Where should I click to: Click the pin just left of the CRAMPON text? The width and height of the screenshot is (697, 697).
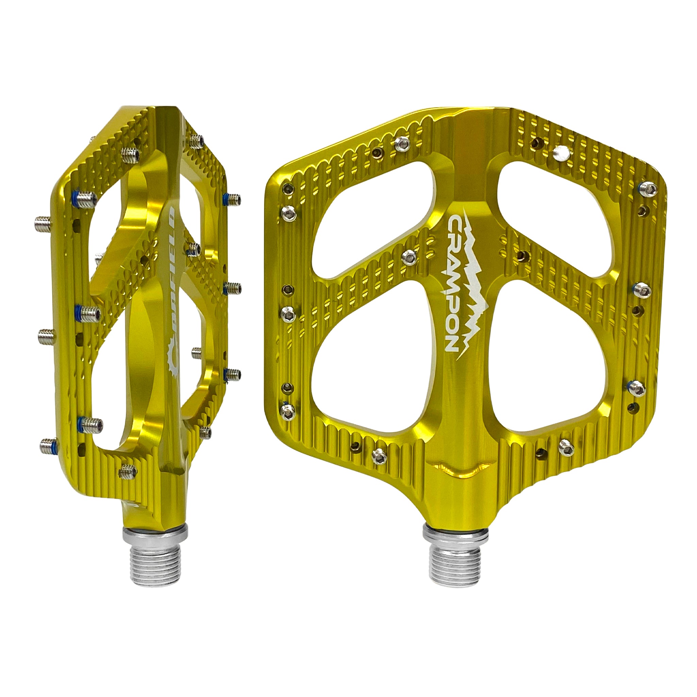pyautogui.click(x=409, y=257)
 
